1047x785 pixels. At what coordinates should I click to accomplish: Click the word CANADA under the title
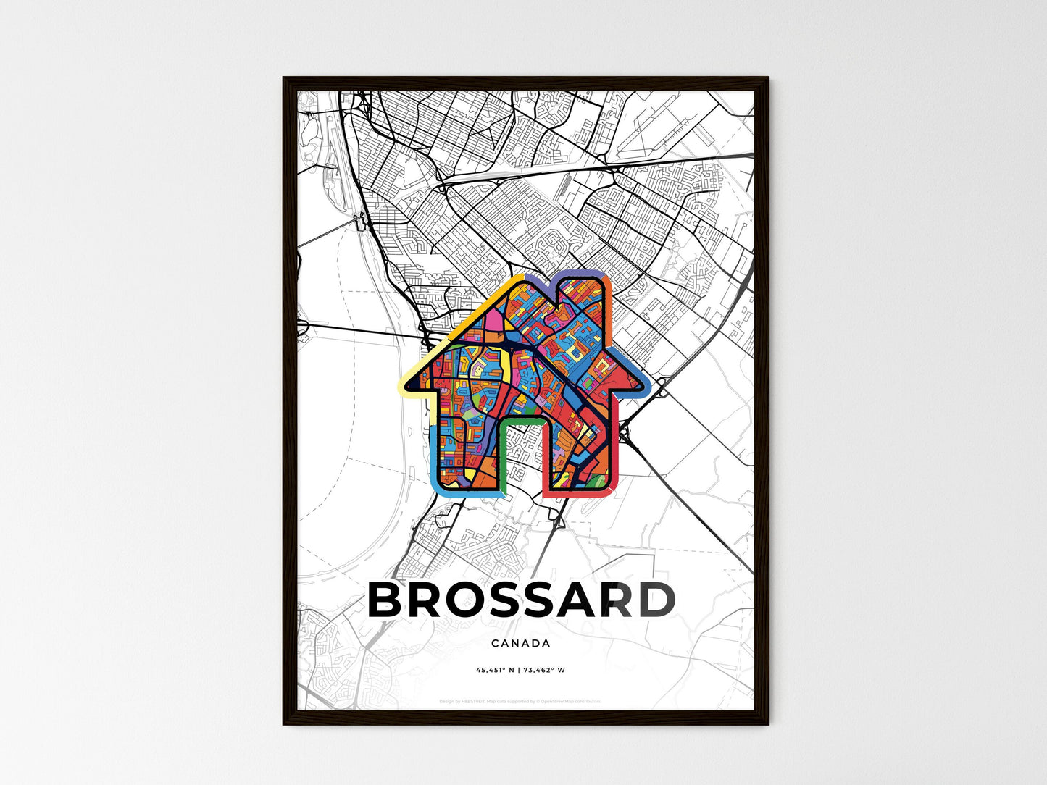click(x=520, y=643)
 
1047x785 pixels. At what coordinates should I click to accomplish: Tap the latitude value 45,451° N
click(x=495, y=670)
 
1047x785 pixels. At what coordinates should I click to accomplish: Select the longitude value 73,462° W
click(x=545, y=670)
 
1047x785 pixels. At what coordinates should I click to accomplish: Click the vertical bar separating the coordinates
click(x=520, y=670)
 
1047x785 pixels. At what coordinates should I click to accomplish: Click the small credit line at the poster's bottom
click(x=520, y=701)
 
